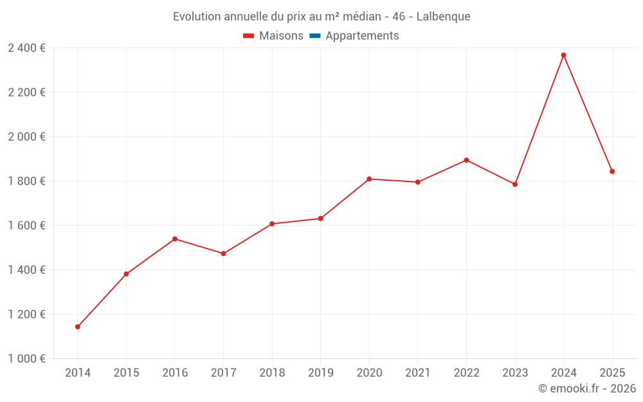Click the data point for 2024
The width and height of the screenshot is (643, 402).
[563, 55]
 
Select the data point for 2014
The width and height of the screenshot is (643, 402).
[78, 327]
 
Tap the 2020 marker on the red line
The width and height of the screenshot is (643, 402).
[369, 179]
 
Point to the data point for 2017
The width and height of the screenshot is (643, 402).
[223, 253]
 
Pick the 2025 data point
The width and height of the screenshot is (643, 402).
[612, 172]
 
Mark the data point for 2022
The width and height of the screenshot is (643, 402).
[466, 160]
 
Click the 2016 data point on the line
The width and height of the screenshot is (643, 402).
[175, 239]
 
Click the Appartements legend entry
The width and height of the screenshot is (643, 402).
[362, 36]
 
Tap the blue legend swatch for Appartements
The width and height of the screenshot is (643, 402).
[315, 36]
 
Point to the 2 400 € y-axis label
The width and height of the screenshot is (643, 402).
[26, 48]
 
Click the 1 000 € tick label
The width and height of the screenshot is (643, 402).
[26, 359]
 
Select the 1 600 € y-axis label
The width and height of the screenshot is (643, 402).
[26, 226]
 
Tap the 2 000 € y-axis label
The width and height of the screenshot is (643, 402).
[26, 137]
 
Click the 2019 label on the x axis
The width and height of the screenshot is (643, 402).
[320, 373]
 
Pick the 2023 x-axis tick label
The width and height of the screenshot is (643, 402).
[514, 373]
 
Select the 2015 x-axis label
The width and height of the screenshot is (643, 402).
[126, 373]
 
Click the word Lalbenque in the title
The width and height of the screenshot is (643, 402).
[443, 17]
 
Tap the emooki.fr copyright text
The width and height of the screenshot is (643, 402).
[586, 388]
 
